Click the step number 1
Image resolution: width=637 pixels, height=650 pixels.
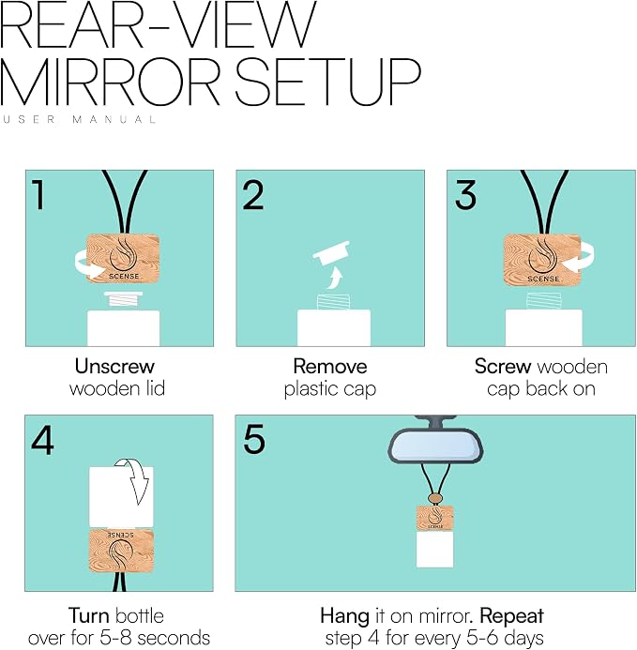click(x=39, y=194)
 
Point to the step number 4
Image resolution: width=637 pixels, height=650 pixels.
click(x=42, y=440)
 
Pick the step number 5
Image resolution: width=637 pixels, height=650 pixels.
click(x=254, y=439)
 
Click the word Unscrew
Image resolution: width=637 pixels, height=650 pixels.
click(x=114, y=366)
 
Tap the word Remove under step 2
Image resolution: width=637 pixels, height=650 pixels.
click(x=330, y=366)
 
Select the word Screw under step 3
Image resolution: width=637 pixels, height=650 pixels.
click(x=503, y=366)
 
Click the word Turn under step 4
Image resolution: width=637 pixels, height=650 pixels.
click(x=88, y=615)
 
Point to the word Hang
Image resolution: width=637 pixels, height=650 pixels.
click(x=344, y=616)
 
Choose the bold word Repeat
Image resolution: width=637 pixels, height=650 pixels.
click(x=511, y=617)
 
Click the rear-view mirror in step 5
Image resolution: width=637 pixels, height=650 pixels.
click(x=435, y=445)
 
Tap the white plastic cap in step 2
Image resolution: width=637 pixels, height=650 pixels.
click(x=332, y=252)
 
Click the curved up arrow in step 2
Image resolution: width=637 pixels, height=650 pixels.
click(x=333, y=279)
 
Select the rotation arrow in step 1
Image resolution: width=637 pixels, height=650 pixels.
click(x=88, y=266)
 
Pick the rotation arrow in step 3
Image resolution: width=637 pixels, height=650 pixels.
click(x=581, y=257)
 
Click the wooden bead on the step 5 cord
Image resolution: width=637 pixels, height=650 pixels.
click(x=434, y=497)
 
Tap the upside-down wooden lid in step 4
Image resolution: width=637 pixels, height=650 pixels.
click(x=122, y=552)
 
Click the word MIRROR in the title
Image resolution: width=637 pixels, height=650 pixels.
click(x=110, y=81)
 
